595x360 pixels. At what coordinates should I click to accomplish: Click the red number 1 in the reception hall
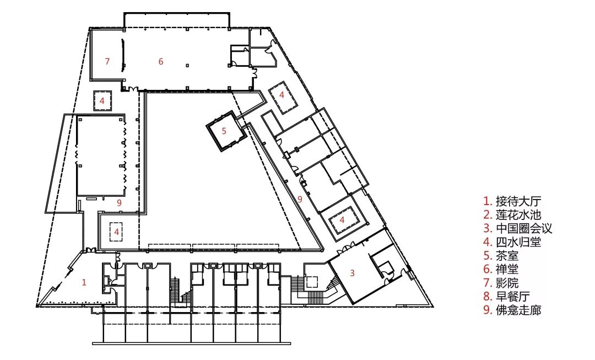[84, 282]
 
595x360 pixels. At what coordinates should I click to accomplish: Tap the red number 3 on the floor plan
[353, 273]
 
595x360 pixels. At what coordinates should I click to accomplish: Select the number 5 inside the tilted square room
[224, 131]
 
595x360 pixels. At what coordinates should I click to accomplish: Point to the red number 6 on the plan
[161, 62]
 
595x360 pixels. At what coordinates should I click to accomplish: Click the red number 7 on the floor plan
[107, 61]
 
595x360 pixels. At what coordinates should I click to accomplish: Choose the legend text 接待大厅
[518, 201]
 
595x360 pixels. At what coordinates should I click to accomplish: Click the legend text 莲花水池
[518, 215]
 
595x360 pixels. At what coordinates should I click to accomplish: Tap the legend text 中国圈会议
[524, 229]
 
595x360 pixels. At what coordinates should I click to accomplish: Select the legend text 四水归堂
[518, 242]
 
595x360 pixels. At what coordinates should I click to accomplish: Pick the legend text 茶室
[507, 256]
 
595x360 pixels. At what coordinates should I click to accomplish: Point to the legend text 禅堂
[507, 269]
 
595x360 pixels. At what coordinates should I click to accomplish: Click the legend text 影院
[507, 283]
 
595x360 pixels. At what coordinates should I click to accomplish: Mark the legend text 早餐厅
[513, 296]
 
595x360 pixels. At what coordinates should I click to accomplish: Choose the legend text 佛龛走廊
[518, 310]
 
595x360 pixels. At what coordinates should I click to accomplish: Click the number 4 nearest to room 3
[342, 220]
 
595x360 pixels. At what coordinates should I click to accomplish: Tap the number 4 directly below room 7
[102, 101]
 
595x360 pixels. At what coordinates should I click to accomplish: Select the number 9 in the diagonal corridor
[299, 199]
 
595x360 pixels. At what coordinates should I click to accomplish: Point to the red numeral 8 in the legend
[488, 297]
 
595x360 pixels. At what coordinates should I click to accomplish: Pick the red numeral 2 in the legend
[488, 215]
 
